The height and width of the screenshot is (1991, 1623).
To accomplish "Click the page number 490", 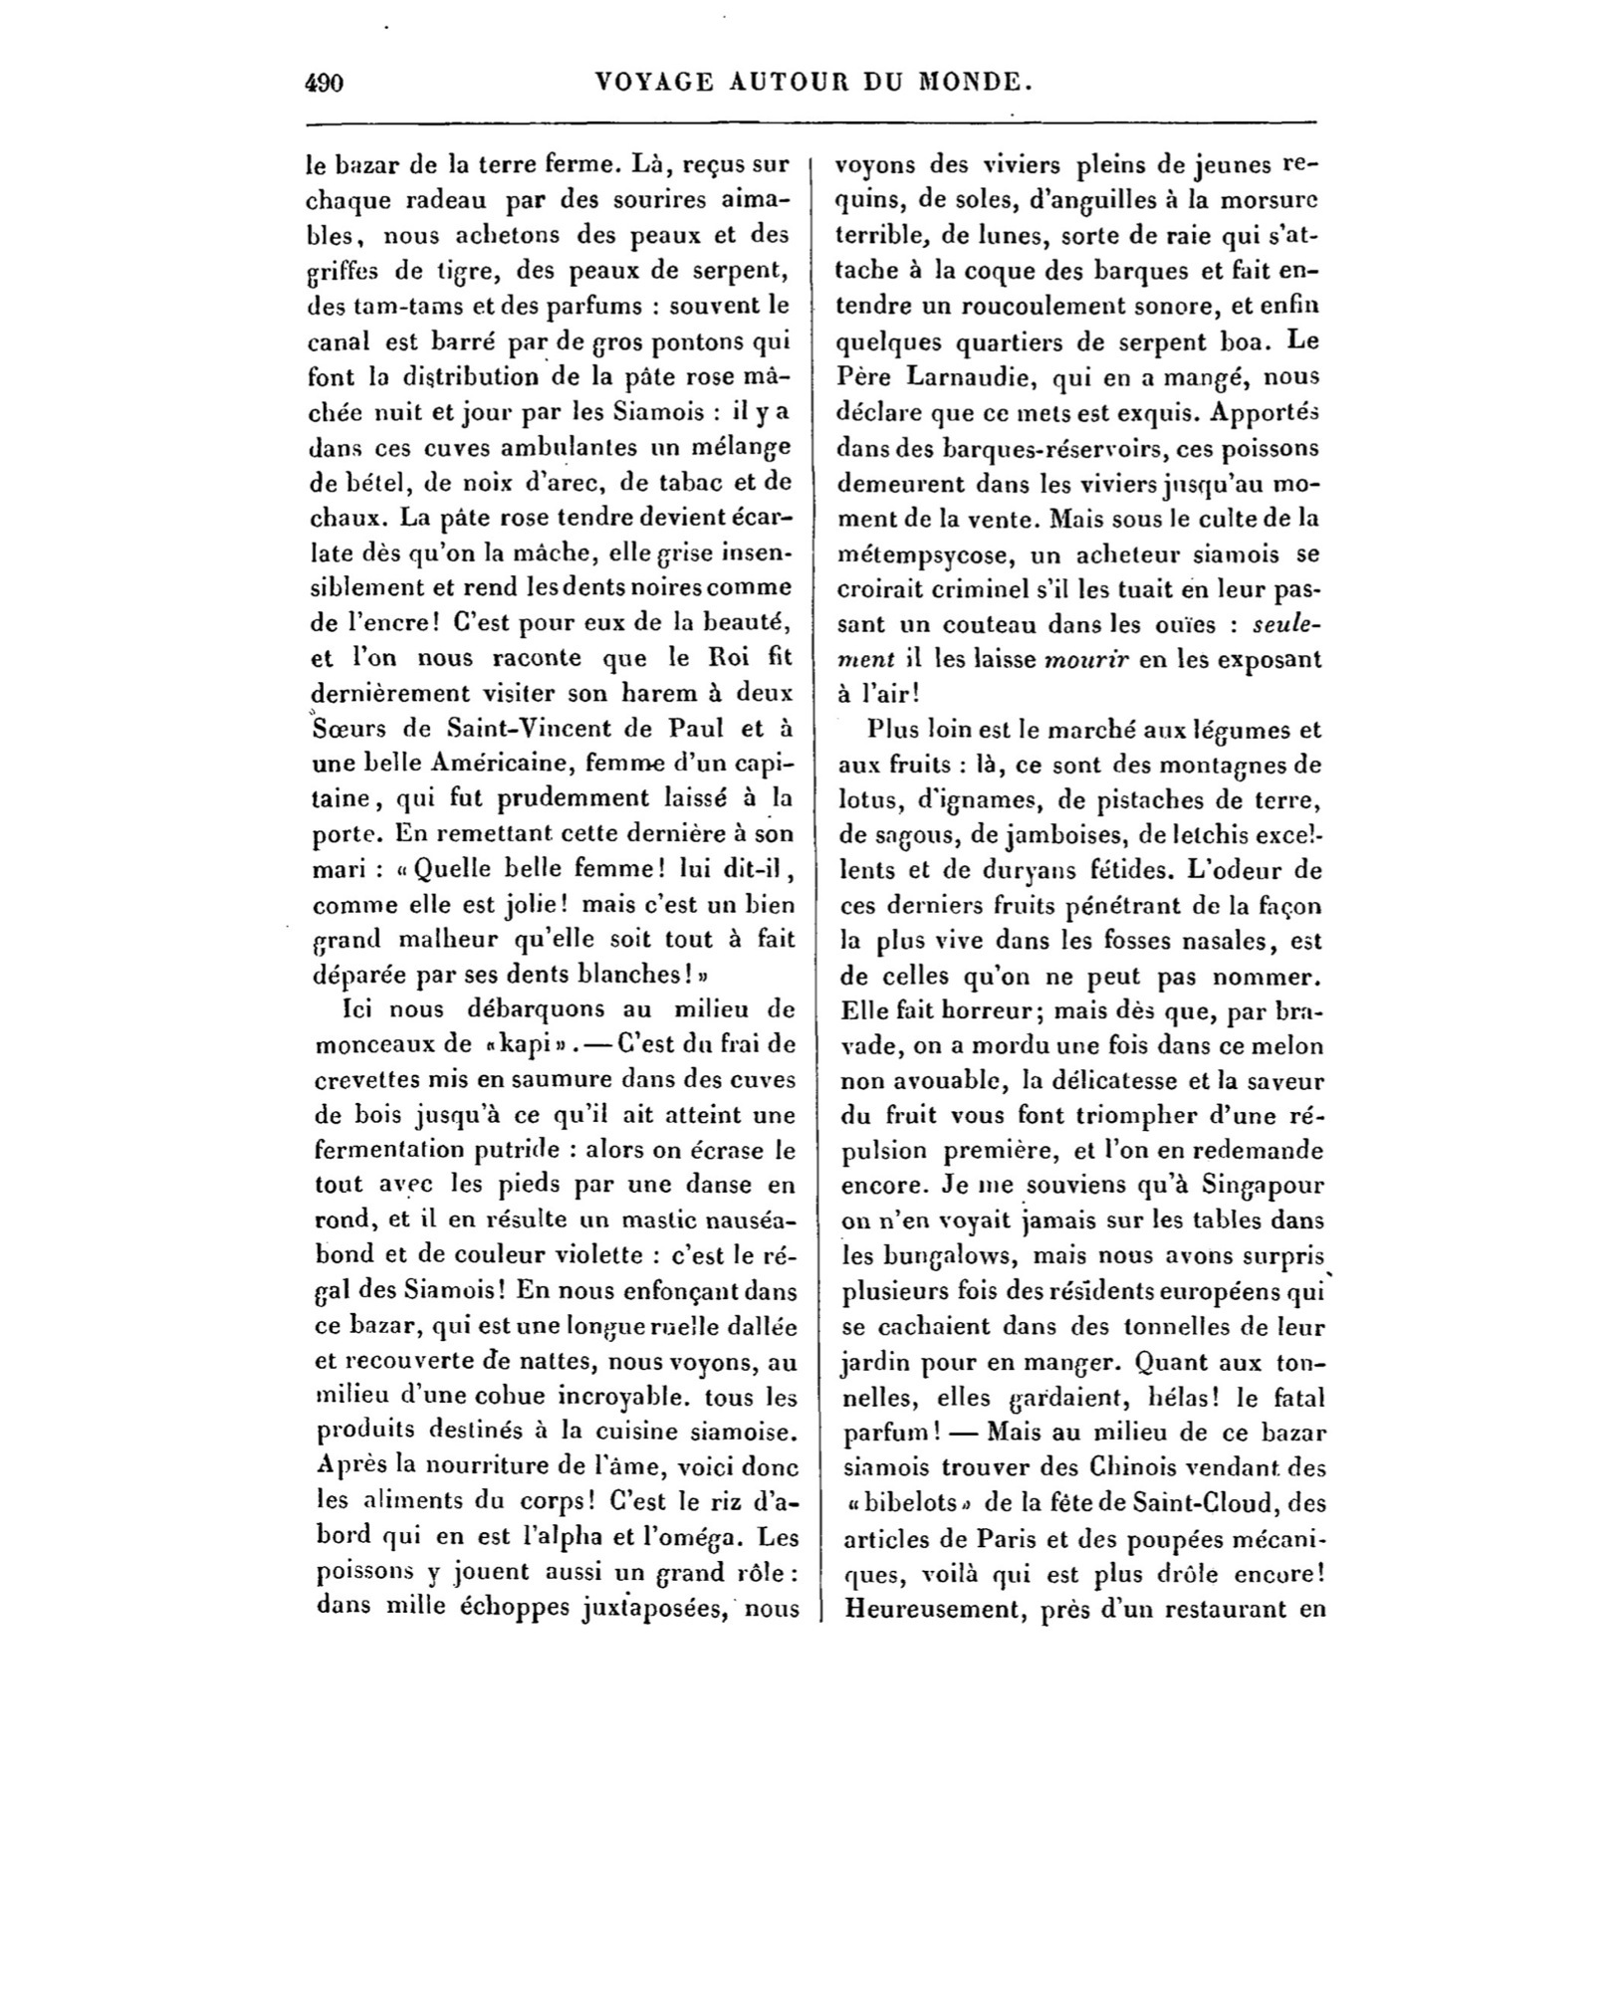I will tap(324, 83).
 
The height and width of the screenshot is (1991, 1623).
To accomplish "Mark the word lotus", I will tap(866, 800).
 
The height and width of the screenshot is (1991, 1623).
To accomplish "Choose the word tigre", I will tap(434, 271).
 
